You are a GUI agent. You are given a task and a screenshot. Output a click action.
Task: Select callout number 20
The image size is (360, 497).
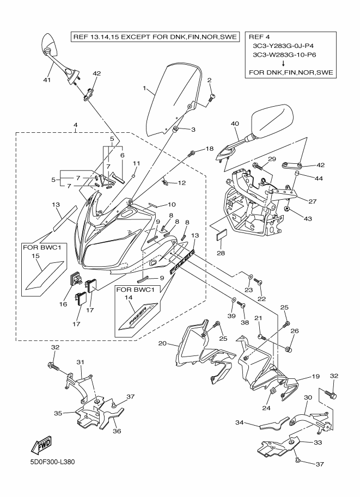click(162, 343)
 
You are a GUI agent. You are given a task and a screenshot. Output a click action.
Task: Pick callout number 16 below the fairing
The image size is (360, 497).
click(63, 304)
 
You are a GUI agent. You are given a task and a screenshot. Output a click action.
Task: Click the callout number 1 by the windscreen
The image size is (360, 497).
click(145, 88)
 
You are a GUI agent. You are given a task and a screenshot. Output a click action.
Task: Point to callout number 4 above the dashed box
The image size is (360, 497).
click(76, 125)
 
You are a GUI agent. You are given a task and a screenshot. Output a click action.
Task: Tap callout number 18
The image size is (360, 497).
click(210, 149)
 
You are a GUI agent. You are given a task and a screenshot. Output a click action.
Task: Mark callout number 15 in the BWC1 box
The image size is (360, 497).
click(36, 256)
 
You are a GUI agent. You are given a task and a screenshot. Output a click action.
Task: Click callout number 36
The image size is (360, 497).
click(117, 431)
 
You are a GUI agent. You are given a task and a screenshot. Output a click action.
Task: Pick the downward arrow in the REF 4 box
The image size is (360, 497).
click(289, 63)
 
